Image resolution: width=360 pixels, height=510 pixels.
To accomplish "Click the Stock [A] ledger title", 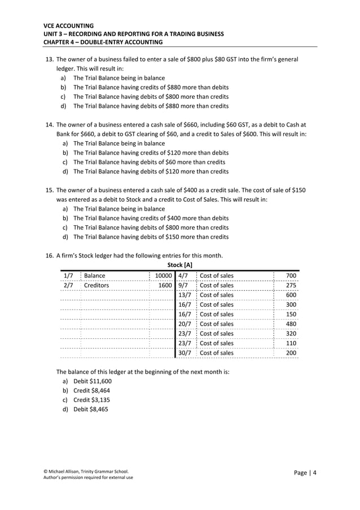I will pyautogui.click(x=180, y=265).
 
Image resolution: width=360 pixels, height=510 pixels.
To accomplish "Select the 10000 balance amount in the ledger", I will pyautogui.click(x=163, y=276).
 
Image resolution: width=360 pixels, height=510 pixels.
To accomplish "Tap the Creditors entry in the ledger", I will pyautogui.click(x=96, y=286).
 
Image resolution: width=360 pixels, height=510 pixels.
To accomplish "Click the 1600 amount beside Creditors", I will pyautogui.click(x=165, y=286).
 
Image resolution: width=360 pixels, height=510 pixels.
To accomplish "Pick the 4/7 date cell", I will pyautogui.click(x=183, y=276).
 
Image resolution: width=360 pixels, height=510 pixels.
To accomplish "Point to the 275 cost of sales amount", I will pyautogui.click(x=291, y=286).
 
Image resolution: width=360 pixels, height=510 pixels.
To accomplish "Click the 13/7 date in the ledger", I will pyautogui.click(x=185, y=295).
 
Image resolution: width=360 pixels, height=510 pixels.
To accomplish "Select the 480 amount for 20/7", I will pyautogui.click(x=291, y=324).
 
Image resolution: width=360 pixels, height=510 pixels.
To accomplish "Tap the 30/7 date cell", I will pyautogui.click(x=185, y=353).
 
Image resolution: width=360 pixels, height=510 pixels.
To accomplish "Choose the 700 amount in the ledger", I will pyautogui.click(x=291, y=276).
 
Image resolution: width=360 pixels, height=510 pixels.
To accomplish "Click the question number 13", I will pyautogui.click(x=49, y=59).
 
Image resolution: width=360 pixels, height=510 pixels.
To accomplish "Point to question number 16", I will pyautogui.click(x=49, y=255).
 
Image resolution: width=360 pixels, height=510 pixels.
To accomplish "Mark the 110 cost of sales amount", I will pyautogui.click(x=291, y=343).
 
